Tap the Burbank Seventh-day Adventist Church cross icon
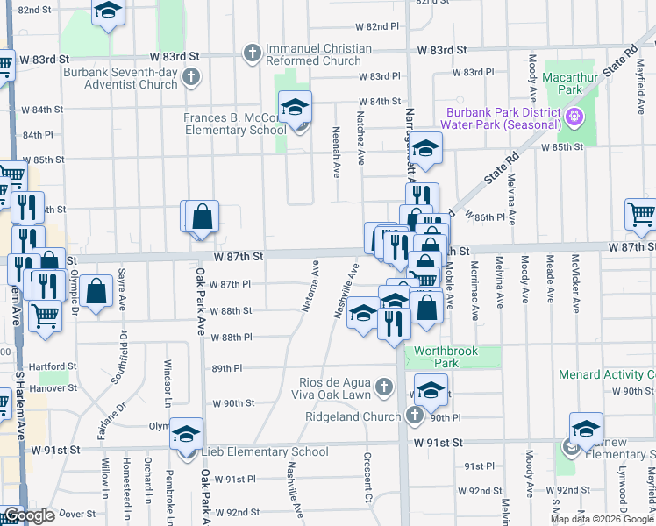(190, 79)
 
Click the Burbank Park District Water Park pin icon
(574, 116)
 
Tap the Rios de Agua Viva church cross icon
(384, 387)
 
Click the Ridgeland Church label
(352, 417)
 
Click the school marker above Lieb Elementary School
(186, 435)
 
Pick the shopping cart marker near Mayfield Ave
(642, 214)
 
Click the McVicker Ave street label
(575, 284)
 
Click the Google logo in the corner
(28, 515)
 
